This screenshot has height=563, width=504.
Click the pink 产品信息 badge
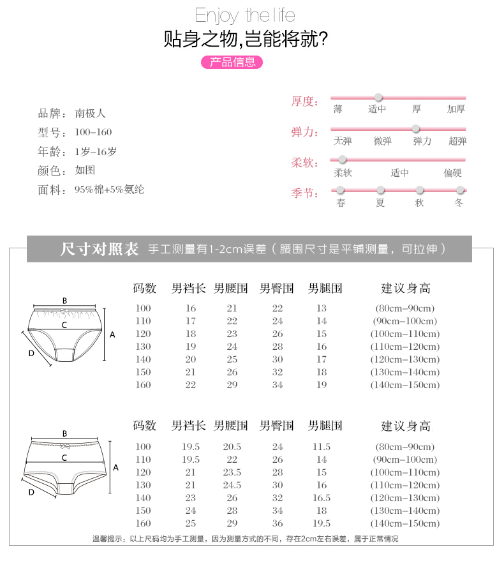point(232,62)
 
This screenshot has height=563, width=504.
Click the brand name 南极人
point(90,114)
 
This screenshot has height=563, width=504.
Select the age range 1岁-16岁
point(96,152)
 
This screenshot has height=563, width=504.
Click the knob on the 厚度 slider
point(378,98)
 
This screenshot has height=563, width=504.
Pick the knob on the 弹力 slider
point(416,128)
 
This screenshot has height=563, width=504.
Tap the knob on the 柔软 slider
point(343,159)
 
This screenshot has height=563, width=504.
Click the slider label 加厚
point(456,109)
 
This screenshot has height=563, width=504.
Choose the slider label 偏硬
point(453,172)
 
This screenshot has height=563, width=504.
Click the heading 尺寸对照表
point(99,249)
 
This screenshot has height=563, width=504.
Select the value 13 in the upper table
point(322,308)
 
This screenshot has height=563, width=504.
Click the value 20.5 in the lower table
point(232,447)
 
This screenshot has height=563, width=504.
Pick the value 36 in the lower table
point(278,523)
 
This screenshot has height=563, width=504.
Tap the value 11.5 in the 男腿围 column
point(322,447)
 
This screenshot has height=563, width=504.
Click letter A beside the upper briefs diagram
point(113,334)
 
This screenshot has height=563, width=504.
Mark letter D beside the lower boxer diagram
point(31,492)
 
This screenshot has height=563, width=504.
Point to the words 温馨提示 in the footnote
point(108,539)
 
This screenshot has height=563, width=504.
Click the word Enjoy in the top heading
point(218,15)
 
